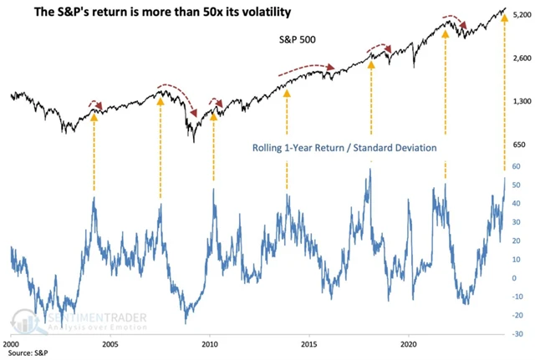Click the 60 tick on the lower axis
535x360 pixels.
(x=516, y=167)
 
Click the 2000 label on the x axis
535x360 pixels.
(x=11, y=343)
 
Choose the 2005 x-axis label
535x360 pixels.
(x=110, y=343)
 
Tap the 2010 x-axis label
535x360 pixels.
(x=210, y=343)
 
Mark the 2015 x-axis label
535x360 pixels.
(x=309, y=343)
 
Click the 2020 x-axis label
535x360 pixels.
(x=409, y=343)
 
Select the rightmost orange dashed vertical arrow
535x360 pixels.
(x=504, y=92)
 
